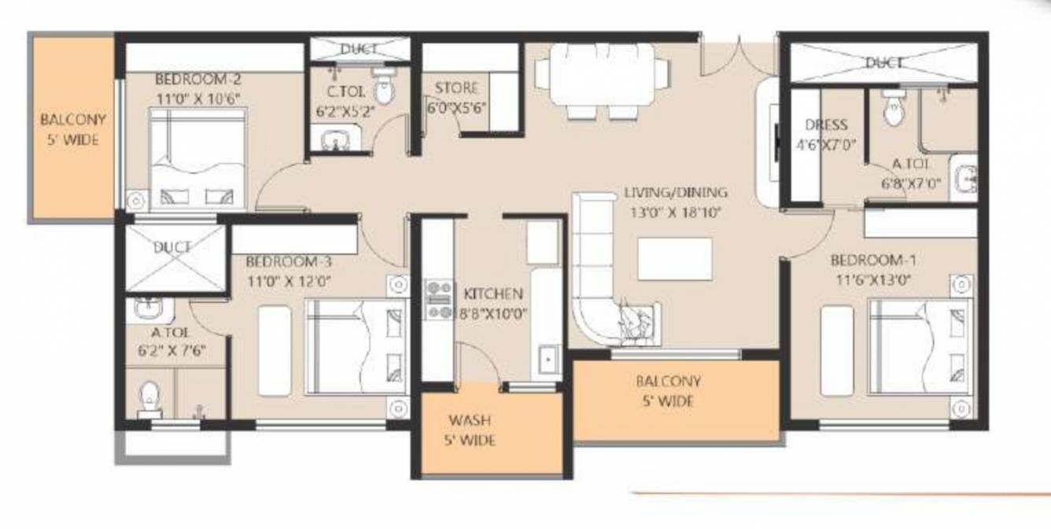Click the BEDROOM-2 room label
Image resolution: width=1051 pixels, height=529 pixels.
point(186,80)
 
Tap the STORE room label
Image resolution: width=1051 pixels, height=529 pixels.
point(456,87)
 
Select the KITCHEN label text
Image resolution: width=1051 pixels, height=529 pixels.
point(493,294)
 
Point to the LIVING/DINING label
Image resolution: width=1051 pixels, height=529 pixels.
point(676,192)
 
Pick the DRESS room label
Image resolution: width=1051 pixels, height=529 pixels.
point(826,125)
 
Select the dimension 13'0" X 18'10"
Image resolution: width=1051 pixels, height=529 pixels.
point(676,211)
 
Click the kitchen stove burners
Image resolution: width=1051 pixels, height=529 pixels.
point(437,300)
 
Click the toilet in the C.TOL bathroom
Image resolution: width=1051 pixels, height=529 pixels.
point(384,89)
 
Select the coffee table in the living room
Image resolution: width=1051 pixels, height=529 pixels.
point(675,258)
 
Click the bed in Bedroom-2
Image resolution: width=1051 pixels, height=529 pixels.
point(198,157)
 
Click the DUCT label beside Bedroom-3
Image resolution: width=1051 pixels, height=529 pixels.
point(171,247)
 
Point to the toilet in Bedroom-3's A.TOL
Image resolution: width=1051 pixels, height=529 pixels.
point(149,399)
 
